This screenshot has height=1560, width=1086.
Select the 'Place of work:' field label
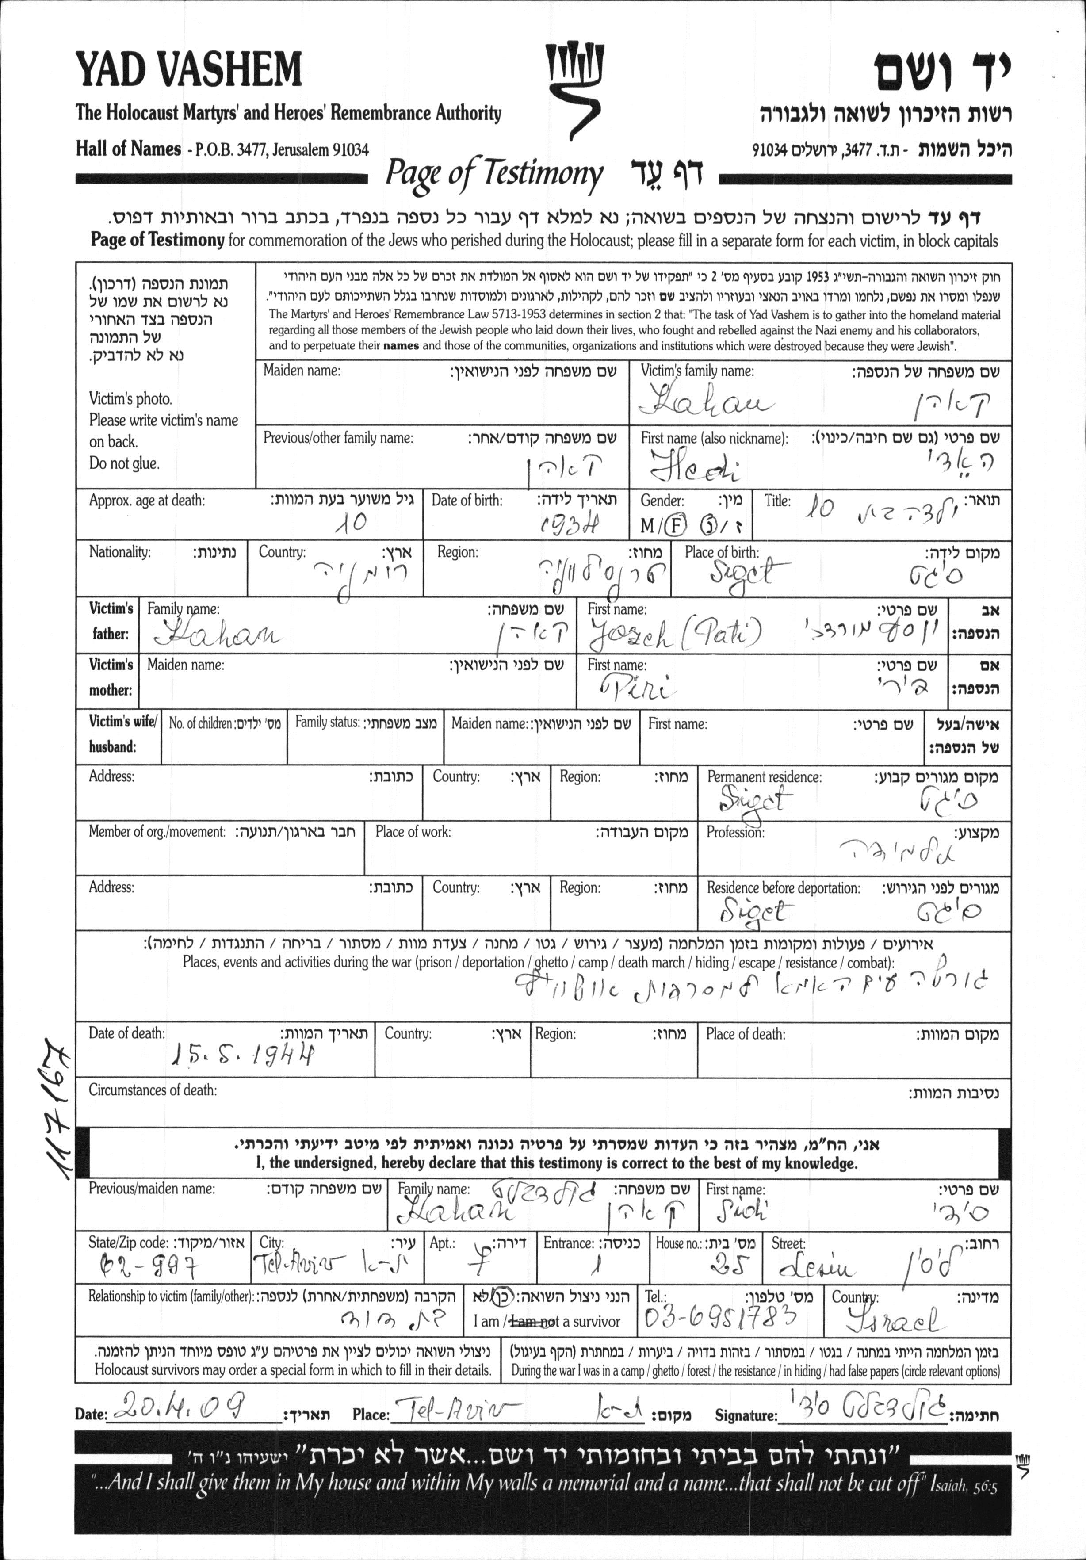click(x=413, y=832)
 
